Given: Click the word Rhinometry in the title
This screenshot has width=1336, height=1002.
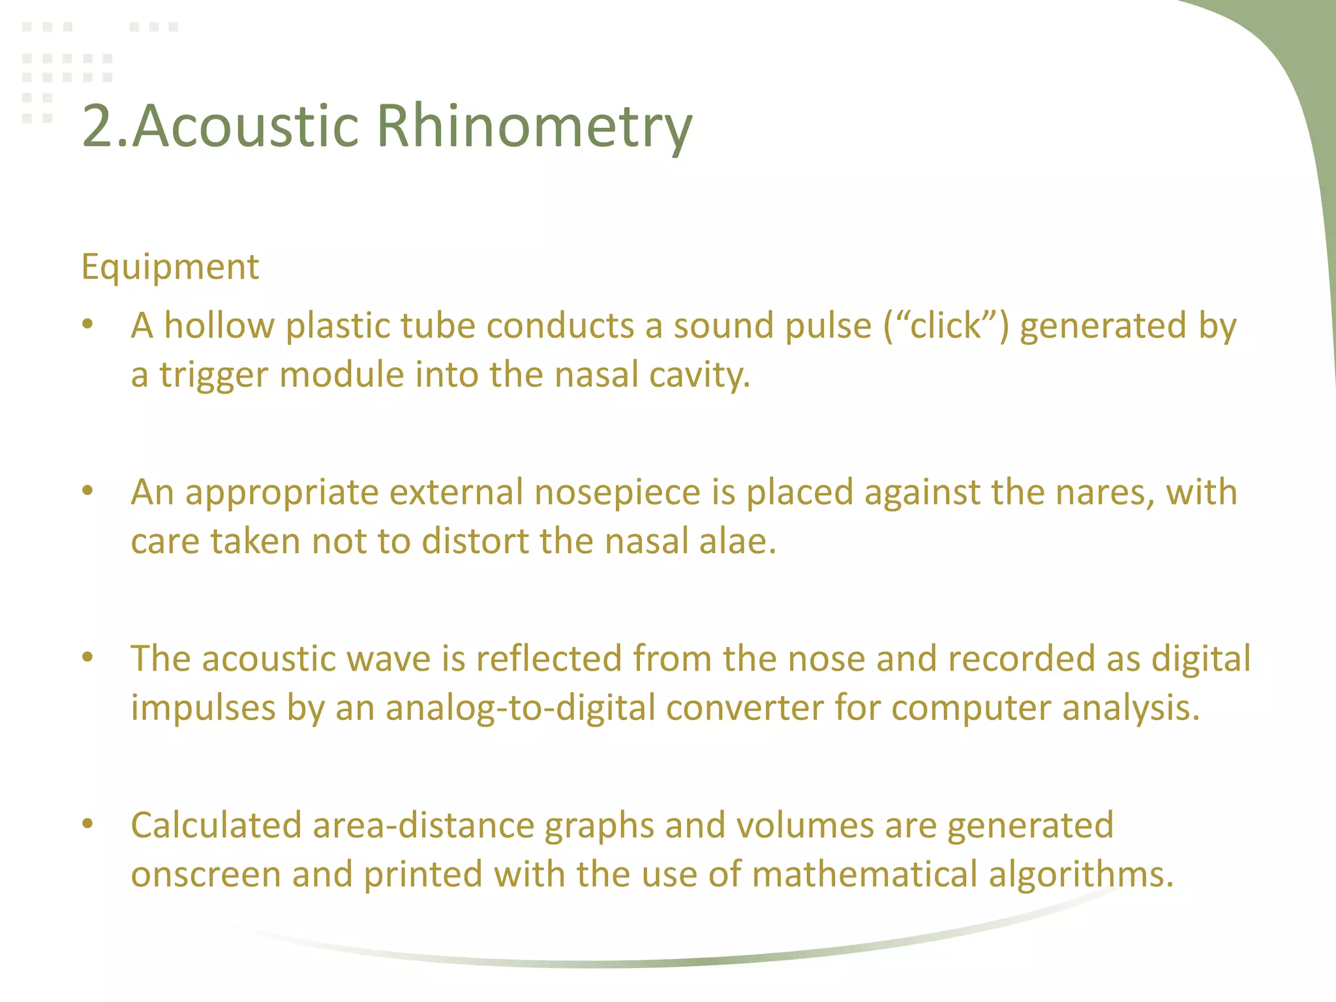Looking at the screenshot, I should click(x=534, y=127).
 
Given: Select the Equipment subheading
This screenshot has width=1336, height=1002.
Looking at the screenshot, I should click(x=170, y=267).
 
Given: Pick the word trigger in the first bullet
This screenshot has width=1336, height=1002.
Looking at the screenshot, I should click(x=214, y=376).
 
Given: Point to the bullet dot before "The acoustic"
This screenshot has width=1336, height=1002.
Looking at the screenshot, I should click(x=88, y=658).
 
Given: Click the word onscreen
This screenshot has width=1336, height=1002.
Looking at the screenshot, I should click(x=205, y=875).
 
